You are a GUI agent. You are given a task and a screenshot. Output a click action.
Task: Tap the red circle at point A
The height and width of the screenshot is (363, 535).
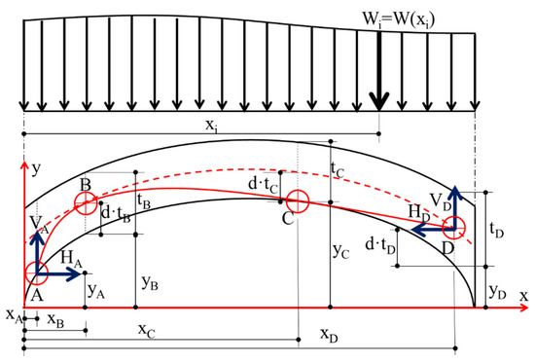coord(36,273)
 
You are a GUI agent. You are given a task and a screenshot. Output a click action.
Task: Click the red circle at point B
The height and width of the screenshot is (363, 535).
coord(86,203)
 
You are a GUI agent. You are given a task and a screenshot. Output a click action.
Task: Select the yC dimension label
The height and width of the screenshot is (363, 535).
coord(342,250)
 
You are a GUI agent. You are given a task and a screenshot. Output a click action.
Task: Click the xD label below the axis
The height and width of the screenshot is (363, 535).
coord(332,334)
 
